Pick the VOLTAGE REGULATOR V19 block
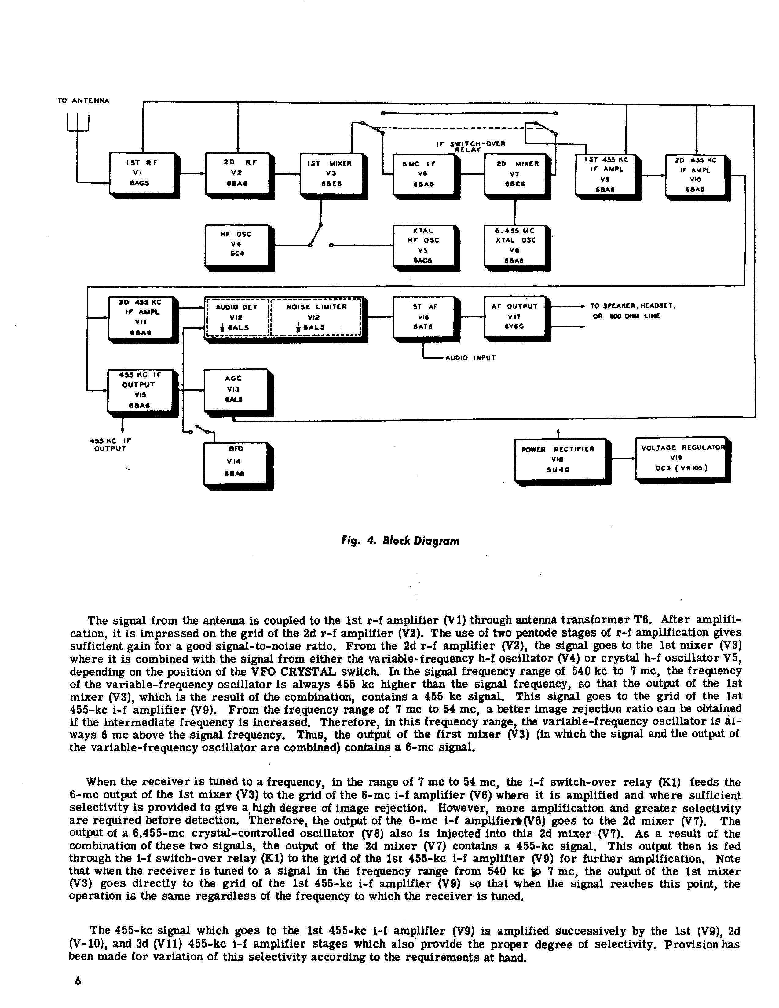[x=681, y=458]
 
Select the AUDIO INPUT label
[x=470, y=357]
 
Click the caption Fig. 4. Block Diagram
[x=400, y=541]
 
